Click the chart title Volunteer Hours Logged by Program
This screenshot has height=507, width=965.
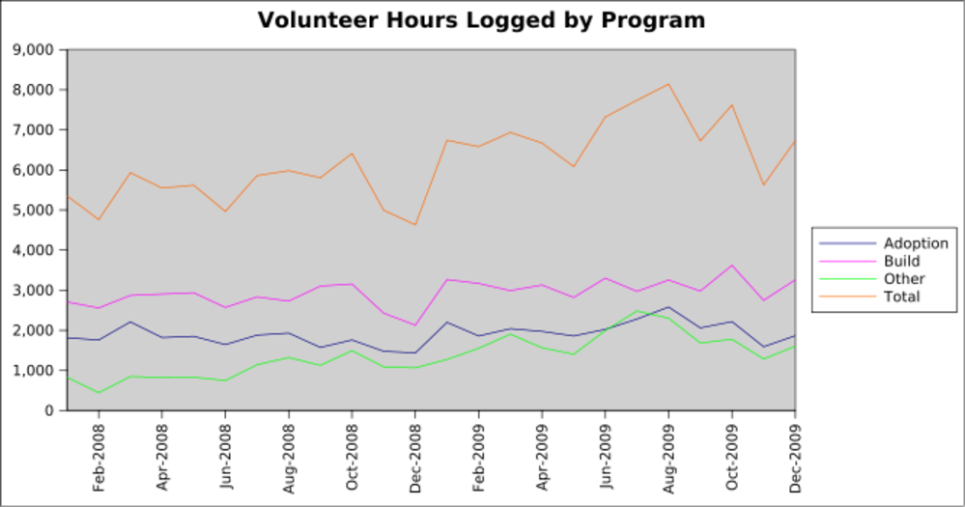481,19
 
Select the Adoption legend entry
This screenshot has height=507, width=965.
916,243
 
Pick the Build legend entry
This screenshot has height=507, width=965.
901,261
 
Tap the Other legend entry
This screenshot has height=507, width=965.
904,279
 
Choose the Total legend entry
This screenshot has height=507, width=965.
902,296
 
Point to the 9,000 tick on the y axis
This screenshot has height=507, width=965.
35,49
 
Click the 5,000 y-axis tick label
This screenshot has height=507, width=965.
35,210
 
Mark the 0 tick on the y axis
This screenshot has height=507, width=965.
48,410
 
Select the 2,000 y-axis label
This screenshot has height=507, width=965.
35,330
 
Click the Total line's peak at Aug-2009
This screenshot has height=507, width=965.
668,84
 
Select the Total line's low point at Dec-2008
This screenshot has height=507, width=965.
415,225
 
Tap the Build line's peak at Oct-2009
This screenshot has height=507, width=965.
732,266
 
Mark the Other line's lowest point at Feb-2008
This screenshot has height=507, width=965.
99,393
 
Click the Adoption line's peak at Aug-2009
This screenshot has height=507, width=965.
668,307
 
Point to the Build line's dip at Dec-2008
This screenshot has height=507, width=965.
415,325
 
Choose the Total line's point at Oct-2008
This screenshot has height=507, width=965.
353,154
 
